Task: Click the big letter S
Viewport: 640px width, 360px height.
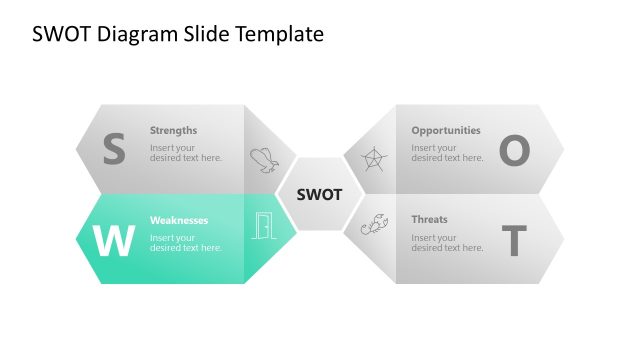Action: pyautogui.click(x=114, y=150)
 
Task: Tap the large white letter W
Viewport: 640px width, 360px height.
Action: pyautogui.click(x=113, y=241)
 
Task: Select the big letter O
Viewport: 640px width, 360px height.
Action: pyautogui.click(x=513, y=150)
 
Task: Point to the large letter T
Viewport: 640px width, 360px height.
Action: pyautogui.click(x=513, y=241)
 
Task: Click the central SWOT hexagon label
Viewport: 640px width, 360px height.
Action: pyautogui.click(x=320, y=194)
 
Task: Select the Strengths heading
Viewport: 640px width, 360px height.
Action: pyautogui.click(x=174, y=130)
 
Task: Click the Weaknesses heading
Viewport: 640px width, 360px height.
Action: pyautogui.click(x=179, y=220)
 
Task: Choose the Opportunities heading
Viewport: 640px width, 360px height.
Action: pyautogui.click(x=446, y=130)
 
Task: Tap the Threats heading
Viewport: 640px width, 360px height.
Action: pyautogui.click(x=430, y=220)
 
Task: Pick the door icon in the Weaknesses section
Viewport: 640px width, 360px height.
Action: pyautogui.click(x=263, y=227)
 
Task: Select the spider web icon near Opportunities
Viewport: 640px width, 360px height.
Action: pyautogui.click(x=374, y=159)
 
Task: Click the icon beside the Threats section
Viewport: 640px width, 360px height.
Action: pyautogui.click(x=374, y=226)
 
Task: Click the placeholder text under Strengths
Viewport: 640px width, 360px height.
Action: pyautogui.click(x=186, y=153)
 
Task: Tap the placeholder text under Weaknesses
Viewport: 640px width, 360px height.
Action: pyautogui.click(x=186, y=243)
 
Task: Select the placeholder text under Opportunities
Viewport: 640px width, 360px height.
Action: pyautogui.click(x=447, y=153)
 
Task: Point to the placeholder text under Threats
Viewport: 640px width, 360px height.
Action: pyautogui.click(x=447, y=243)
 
